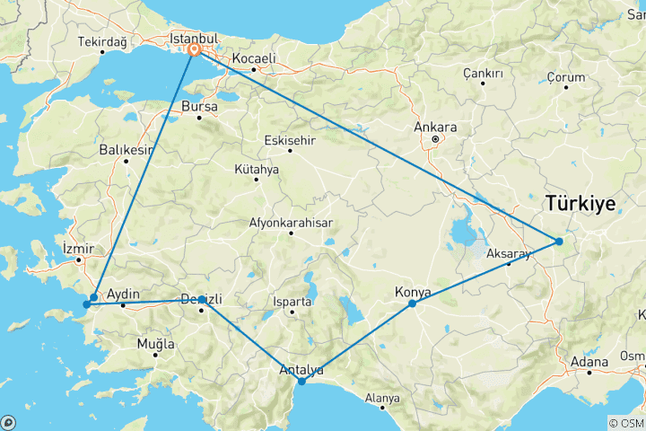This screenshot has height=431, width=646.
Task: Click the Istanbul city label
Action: pyautogui.click(x=194, y=39)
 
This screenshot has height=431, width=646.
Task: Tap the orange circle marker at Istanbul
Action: pyautogui.click(x=194, y=50)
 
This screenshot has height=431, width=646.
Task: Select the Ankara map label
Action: pyautogui.click(x=435, y=128)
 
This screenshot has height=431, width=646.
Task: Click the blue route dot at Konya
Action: pyautogui.click(x=412, y=303)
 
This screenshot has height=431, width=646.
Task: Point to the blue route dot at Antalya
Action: pyautogui.click(x=301, y=382)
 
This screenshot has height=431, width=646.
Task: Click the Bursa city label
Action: pyautogui.click(x=199, y=106)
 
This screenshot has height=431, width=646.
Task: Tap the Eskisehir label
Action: pyautogui.click(x=292, y=140)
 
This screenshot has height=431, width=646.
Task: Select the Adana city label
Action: pyautogui.click(x=589, y=361)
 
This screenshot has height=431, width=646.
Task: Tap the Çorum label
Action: pyautogui.click(x=566, y=78)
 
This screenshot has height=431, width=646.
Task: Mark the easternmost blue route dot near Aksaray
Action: pyautogui.click(x=558, y=241)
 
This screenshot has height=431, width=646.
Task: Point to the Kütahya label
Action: pyautogui.click(x=257, y=169)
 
